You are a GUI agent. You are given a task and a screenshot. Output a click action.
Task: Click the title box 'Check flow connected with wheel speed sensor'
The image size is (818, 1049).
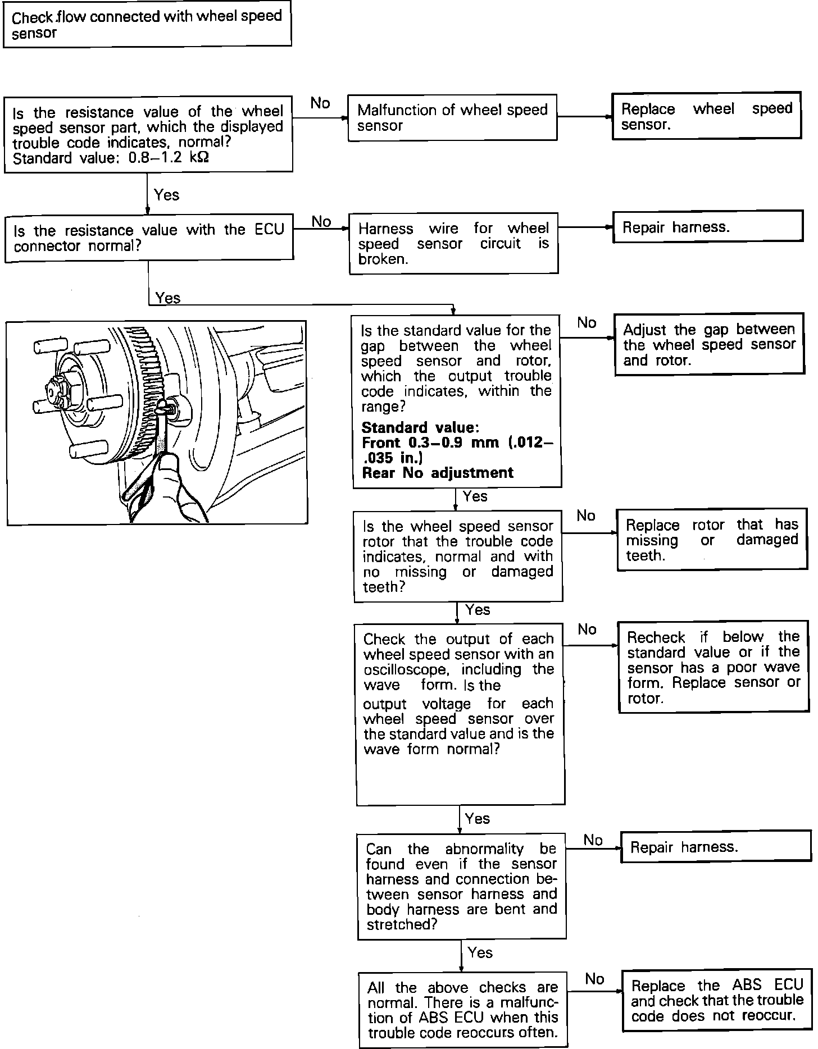[x=147, y=25]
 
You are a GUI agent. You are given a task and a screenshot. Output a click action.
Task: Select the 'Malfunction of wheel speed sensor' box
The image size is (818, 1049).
[x=452, y=117]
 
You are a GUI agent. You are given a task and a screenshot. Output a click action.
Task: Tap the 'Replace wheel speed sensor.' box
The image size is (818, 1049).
[x=706, y=116]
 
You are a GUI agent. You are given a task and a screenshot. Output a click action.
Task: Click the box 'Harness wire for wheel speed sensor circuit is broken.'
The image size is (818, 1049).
[x=453, y=243]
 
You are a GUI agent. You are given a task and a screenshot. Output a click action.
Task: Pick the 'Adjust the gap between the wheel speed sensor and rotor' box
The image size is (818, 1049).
[x=709, y=344]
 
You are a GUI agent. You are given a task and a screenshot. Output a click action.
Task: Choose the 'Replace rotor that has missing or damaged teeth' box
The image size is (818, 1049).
[x=712, y=540]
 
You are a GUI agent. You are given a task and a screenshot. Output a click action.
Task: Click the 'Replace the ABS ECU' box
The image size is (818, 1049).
[x=717, y=1000]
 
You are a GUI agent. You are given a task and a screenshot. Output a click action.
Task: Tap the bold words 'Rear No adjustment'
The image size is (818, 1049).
[x=438, y=473]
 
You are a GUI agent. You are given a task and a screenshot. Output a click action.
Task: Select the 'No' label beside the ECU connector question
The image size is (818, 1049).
[x=321, y=222]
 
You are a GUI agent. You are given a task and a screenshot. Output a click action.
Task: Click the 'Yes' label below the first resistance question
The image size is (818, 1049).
[x=166, y=195]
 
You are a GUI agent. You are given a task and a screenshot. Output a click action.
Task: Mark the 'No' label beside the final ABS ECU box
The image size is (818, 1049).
[x=594, y=979]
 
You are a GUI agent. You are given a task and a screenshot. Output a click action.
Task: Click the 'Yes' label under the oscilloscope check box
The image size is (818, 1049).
[x=478, y=819]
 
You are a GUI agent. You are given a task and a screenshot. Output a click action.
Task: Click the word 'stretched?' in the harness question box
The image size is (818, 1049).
[x=401, y=924]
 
